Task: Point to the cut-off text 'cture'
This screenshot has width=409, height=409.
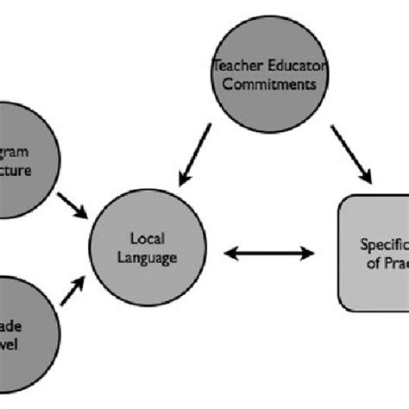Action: pos(17,170)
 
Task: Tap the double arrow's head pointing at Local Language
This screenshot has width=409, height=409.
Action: pos(230,253)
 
